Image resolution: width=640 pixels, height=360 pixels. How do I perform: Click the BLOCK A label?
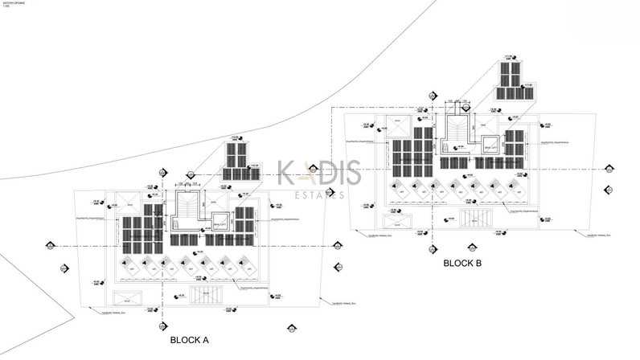click(x=189, y=341)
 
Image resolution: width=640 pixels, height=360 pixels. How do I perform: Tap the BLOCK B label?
click(x=462, y=263)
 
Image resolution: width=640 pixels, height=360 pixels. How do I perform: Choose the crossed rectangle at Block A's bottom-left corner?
click(x=129, y=296)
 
